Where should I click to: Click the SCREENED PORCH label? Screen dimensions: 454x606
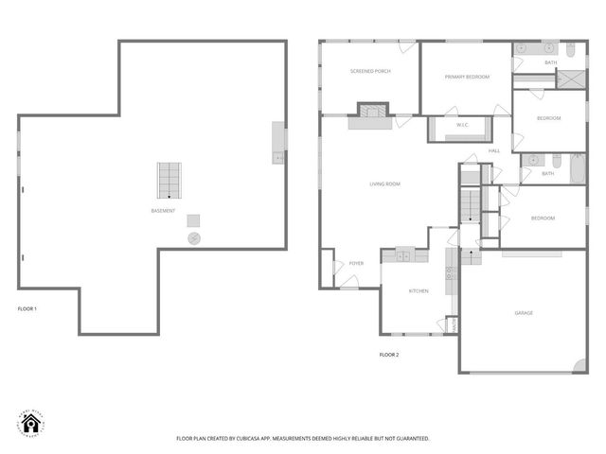pos(370,71)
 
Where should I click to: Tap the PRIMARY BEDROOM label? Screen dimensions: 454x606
pos(467,77)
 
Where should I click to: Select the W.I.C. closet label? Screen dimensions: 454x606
pos(463,125)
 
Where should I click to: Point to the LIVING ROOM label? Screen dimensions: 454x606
pos(384,183)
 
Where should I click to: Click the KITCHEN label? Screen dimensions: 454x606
pos(419,291)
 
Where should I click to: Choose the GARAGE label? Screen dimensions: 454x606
pos(524,313)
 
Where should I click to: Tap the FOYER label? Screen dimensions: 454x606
pos(356,263)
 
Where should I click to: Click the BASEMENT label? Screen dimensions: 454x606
pos(163,211)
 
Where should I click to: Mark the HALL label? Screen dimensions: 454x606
pos(494,151)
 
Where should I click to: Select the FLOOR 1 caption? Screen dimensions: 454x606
pos(27,309)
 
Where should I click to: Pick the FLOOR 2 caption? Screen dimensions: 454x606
pos(389,355)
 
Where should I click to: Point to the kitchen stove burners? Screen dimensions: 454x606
pos(450,274)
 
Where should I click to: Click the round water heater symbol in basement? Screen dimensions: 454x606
pos(194,237)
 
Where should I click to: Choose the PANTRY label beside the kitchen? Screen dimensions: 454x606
pos(454,324)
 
